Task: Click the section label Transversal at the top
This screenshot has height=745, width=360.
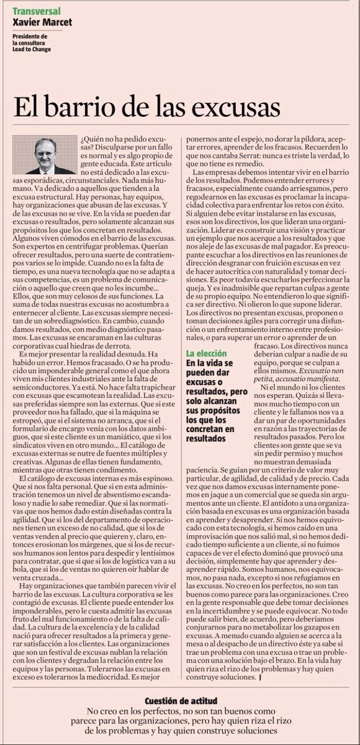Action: click(34, 11)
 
